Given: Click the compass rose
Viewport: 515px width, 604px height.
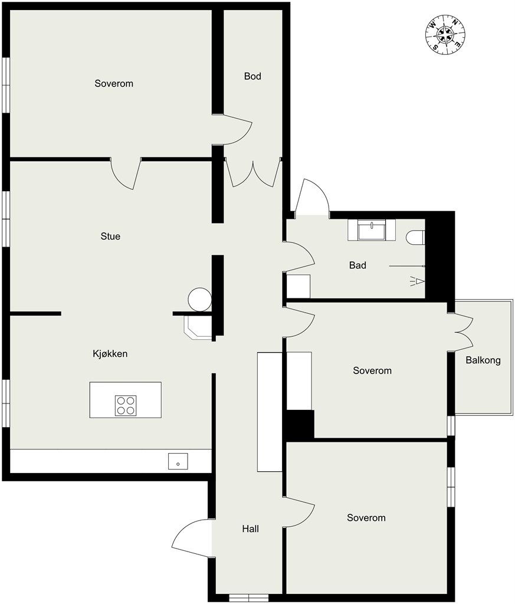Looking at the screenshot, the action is (445, 35).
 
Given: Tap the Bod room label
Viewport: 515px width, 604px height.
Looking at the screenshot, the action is (252, 76).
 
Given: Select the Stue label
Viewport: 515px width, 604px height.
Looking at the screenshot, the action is (110, 236).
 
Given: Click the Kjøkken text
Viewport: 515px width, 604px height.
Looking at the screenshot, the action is (110, 354).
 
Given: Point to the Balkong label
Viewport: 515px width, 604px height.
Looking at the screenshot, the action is (483, 360).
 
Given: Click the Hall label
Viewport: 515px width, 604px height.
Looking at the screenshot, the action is (250, 529).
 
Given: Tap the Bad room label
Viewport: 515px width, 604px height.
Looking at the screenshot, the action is (357, 265).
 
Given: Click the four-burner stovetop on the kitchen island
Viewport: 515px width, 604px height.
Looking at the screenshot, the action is (126, 406).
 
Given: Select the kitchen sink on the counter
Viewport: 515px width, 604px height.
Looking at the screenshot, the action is (178, 461).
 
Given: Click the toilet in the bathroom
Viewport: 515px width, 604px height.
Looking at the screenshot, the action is (415, 237).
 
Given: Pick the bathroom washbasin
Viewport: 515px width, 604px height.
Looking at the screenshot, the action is (371, 230).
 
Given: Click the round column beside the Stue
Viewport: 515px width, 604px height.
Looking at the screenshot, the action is (200, 299).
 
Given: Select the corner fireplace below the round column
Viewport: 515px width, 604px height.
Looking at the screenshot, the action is (198, 328).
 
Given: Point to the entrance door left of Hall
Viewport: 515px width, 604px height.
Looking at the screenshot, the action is (192, 538).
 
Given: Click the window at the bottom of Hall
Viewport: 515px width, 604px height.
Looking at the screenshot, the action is (249, 598).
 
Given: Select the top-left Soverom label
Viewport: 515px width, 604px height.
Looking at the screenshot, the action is (114, 84).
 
